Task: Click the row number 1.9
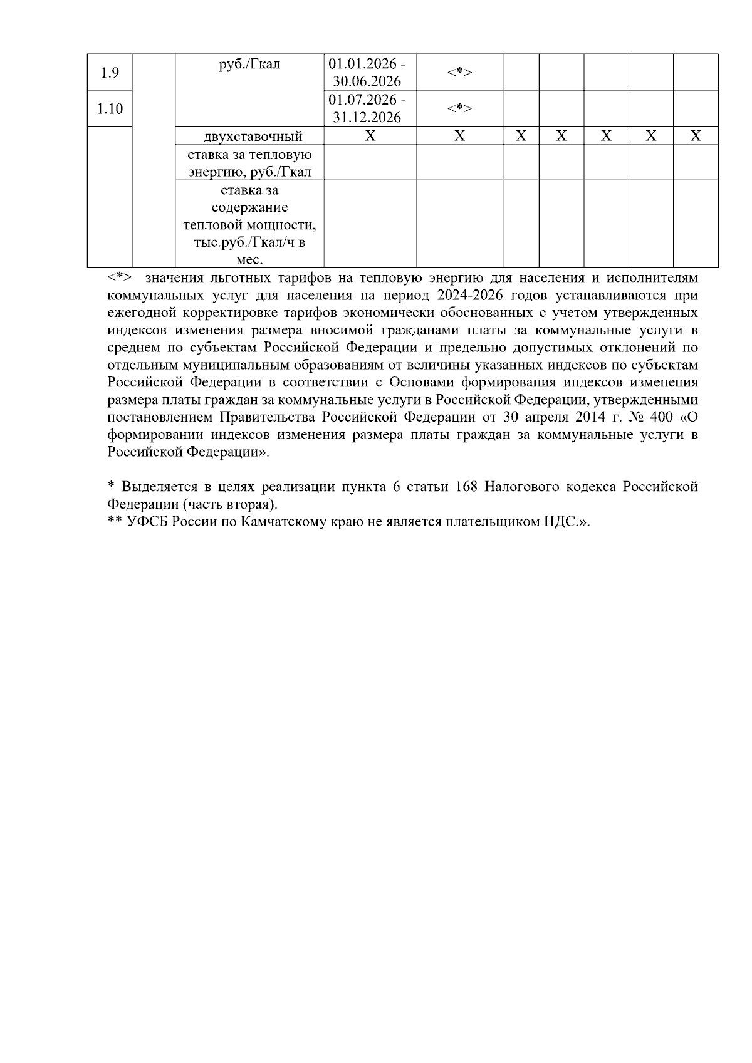[110, 73]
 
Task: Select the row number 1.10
[110, 109]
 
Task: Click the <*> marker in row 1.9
[459, 73]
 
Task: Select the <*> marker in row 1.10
[459, 109]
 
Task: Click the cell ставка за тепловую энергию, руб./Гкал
[249, 163]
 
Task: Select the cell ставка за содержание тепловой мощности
[249, 224]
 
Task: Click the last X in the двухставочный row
[695, 136]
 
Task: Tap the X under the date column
[370, 136]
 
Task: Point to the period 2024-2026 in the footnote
[466, 295]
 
